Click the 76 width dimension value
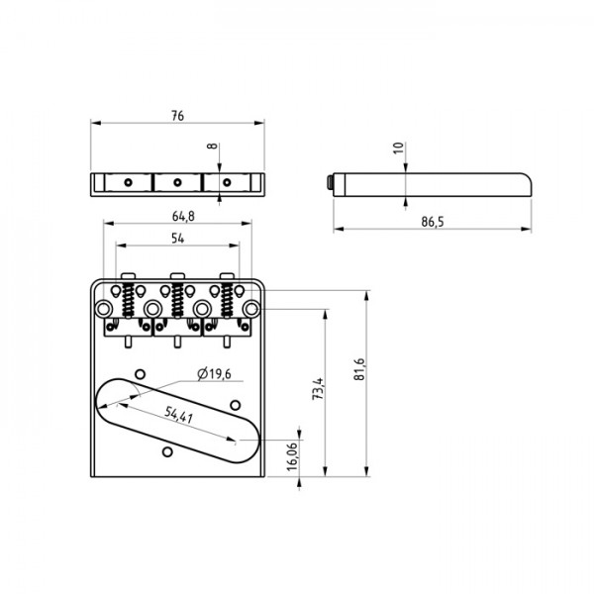[x=177, y=116]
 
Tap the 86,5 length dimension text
[x=431, y=222]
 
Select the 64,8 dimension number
[x=181, y=216]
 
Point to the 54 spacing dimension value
[x=177, y=239]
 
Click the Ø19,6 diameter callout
[x=214, y=373]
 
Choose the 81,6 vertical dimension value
[x=358, y=370]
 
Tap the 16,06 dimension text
[x=292, y=456]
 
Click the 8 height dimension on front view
[x=211, y=146]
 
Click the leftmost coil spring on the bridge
[x=129, y=298]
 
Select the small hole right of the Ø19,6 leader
[x=236, y=403]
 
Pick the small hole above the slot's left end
[x=141, y=373]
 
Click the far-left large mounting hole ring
[x=105, y=310]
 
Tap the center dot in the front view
[x=177, y=182]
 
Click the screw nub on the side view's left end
[x=330, y=182]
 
